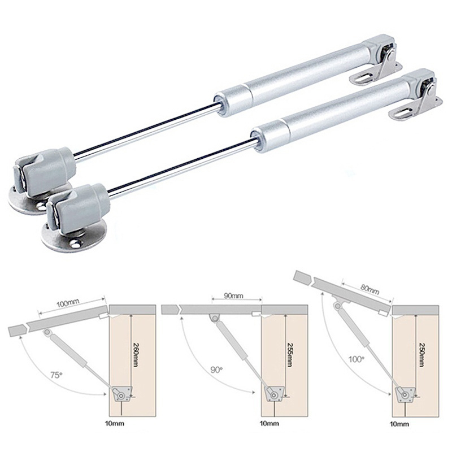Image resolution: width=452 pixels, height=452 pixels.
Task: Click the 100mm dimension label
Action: [68, 303]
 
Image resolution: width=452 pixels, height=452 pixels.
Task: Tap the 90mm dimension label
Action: [233, 295]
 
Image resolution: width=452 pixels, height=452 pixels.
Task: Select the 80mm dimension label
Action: [370, 289]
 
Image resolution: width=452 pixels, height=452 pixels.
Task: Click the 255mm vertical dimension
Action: [289, 355]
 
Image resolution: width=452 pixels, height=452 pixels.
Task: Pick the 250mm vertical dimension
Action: [421, 355]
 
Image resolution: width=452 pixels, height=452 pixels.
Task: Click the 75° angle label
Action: [56, 375]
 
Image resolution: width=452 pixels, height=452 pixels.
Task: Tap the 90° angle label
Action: [216, 370]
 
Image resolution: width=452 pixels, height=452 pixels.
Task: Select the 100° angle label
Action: [357, 359]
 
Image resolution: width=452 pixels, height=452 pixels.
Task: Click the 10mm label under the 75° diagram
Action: [115, 424]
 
